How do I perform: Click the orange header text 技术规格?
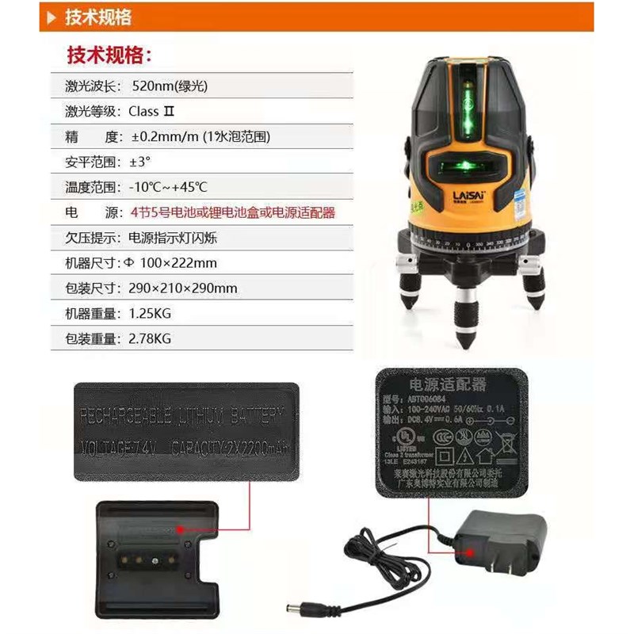coord(99,17)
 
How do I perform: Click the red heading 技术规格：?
coord(108,55)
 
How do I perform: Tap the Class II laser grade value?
coord(151,111)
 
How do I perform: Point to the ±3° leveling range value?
coord(139,162)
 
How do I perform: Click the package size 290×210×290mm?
coord(182,288)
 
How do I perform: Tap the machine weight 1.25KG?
coord(149,313)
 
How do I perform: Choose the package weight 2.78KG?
coord(149,338)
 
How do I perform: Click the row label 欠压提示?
coord(93,238)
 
